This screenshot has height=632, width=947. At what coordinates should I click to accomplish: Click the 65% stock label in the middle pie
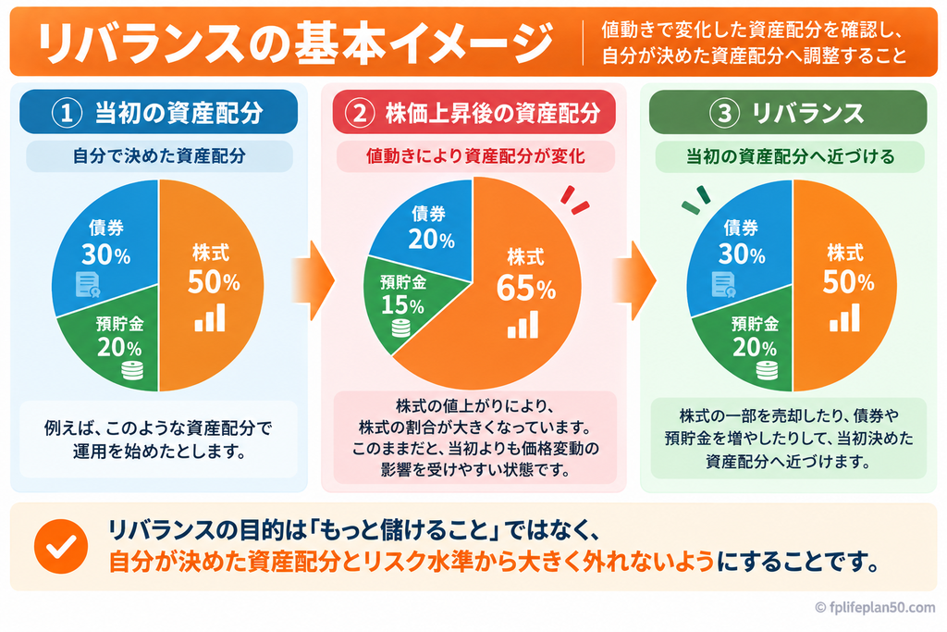tap(526, 288)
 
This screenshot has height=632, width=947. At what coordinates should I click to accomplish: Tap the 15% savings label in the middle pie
tap(402, 305)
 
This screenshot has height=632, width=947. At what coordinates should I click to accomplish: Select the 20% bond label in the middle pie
tap(431, 240)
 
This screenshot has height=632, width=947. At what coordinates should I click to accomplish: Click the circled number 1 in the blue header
tap(67, 112)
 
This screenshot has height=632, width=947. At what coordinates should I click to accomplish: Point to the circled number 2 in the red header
tap(360, 112)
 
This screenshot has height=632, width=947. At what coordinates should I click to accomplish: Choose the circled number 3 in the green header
tap(725, 113)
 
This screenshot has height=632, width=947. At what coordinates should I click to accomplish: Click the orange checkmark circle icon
tap(61, 546)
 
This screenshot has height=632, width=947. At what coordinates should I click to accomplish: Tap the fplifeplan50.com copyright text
tap(875, 607)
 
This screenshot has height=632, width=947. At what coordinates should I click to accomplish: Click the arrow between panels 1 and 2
tap(314, 280)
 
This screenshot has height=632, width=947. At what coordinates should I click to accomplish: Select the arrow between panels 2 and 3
tap(634, 280)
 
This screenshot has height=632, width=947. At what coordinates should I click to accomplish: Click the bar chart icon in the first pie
tap(210, 317)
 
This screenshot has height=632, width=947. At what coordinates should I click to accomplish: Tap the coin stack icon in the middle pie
tap(401, 328)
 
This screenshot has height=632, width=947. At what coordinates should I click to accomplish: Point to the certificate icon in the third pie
tap(723, 285)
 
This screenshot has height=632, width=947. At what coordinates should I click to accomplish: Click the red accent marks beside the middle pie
tap(574, 199)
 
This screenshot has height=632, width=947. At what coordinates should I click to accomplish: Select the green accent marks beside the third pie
tap(696, 200)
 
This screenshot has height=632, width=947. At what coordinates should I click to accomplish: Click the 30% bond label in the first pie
tap(105, 254)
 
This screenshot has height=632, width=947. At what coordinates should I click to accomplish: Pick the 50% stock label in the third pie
tap(848, 282)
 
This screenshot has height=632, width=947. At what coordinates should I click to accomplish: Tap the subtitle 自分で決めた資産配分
tap(159, 155)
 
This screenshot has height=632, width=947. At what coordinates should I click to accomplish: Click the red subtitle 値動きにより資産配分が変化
tap(475, 156)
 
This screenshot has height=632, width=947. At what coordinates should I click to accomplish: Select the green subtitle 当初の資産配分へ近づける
tap(790, 156)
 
